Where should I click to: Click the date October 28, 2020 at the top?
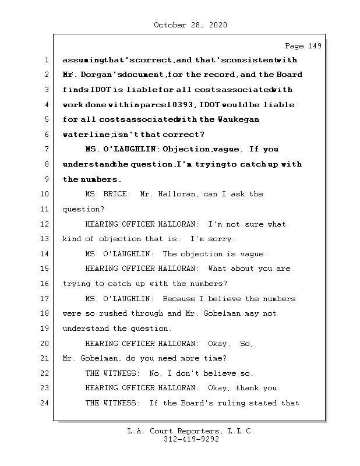tap(190, 25)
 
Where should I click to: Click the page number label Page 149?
tap(303, 46)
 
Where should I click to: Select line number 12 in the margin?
tap(45, 224)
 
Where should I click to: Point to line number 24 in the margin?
tap(45, 403)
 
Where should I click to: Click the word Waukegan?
tap(238, 120)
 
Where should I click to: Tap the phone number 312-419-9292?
tap(190, 440)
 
